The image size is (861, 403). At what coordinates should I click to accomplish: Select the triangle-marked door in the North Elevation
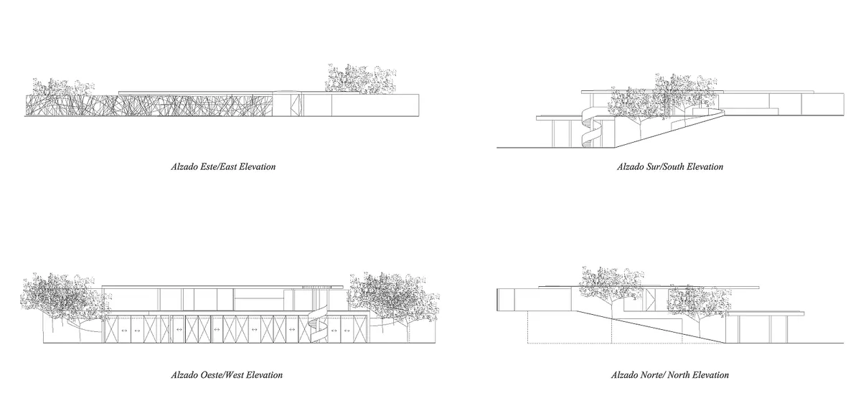click(x=650, y=300)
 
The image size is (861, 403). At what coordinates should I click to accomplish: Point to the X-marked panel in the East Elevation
click(x=295, y=105)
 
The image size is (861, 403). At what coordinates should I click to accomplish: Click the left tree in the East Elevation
click(x=63, y=87)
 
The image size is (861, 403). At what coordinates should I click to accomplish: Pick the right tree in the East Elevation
click(x=360, y=79)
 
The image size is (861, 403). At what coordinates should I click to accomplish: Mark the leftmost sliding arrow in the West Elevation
click(x=123, y=330)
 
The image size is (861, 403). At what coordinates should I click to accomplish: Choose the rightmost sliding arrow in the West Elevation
click(x=347, y=330)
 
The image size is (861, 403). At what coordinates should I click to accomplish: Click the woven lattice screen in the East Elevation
click(x=149, y=105)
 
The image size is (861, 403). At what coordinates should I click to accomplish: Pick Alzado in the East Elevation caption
click(x=184, y=167)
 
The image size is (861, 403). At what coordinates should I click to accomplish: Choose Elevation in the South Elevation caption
click(x=705, y=167)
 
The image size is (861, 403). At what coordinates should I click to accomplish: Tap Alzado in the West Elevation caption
click(x=184, y=375)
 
